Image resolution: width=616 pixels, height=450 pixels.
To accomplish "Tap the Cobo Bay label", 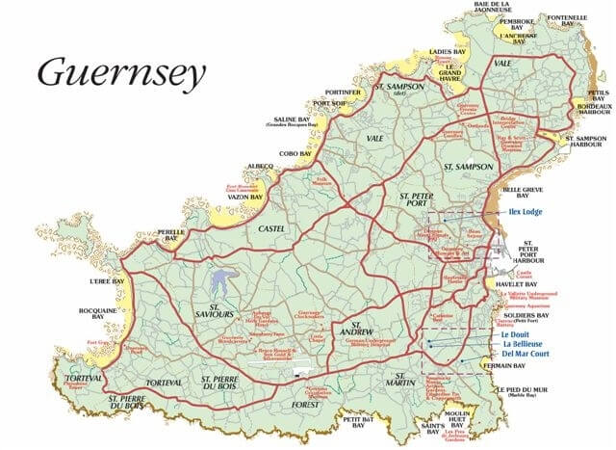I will [294, 153].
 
